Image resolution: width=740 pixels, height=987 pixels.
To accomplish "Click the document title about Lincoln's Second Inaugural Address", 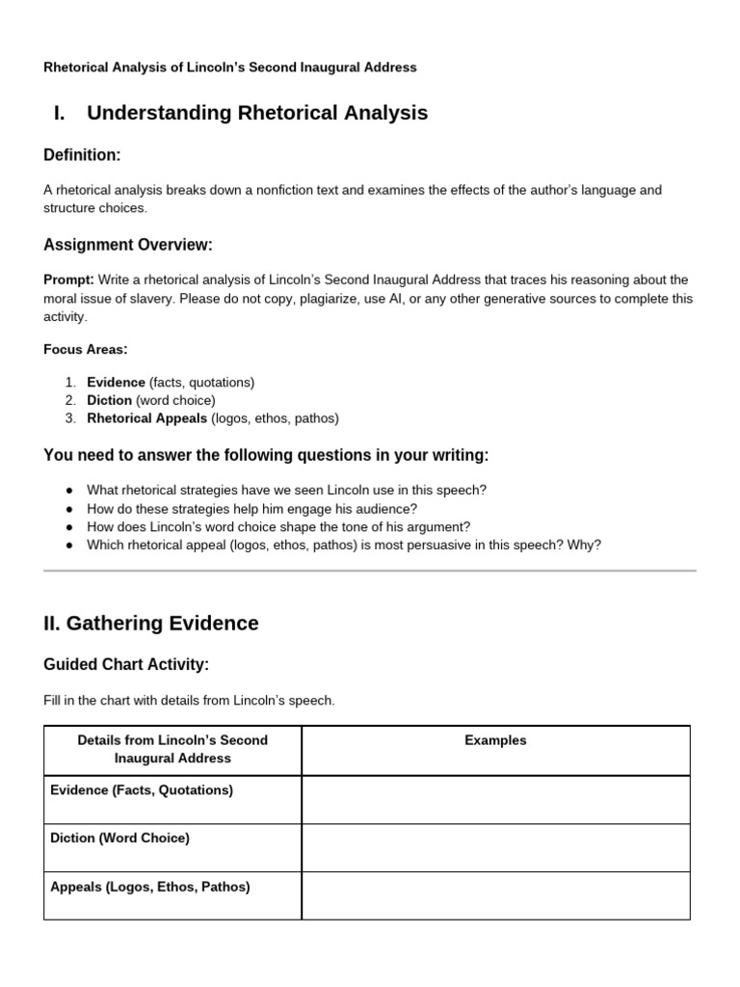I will tap(230, 67).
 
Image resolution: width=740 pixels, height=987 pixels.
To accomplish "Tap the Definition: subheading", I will tap(82, 155).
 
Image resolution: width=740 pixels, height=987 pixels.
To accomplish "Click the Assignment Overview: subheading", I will tap(128, 245).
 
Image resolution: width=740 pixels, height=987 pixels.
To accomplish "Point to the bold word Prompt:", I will tap(68, 280).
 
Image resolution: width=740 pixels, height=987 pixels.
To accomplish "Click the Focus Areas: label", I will tap(86, 349).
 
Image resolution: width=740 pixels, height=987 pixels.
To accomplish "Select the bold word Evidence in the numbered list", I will tap(116, 382).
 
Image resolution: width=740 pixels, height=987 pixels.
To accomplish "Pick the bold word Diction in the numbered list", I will tap(109, 400).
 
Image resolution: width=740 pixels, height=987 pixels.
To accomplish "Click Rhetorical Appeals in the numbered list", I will tap(146, 418).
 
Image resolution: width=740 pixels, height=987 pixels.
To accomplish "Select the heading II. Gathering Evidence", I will tap(151, 624).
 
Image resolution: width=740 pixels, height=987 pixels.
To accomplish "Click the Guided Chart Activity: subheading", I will tap(126, 665).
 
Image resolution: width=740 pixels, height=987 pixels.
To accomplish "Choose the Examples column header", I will tap(495, 740).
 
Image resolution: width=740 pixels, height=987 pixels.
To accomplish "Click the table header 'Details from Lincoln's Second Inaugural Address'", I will tap(172, 749).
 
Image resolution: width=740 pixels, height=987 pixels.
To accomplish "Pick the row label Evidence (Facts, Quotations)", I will tap(142, 790).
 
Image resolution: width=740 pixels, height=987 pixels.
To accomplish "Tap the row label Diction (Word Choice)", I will tap(119, 839).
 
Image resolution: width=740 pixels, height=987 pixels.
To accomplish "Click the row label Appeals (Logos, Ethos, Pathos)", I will tap(149, 887).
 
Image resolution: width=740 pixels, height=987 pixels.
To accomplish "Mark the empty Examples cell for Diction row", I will tap(495, 847).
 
